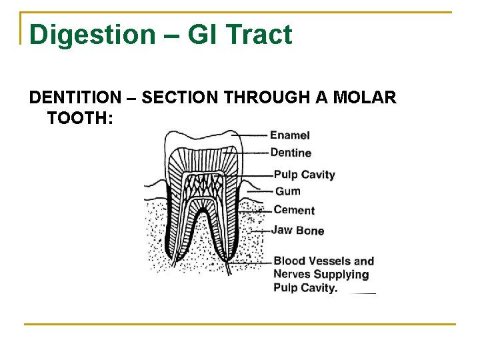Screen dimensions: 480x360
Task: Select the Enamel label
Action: click(x=290, y=135)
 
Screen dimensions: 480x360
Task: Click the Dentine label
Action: click(x=291, y=153)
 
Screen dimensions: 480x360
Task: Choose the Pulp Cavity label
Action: click(x=304, y=175)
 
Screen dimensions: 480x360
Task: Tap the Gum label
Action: click(x=287, y=191)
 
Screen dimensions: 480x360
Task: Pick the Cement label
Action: click(x=294, y=210)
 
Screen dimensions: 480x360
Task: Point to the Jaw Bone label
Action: click(x=297, y=231)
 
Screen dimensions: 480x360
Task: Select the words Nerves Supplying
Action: click(x=321, y=274)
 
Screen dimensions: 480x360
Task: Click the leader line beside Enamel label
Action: click(x=250, y=135)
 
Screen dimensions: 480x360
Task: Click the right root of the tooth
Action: click(x=228, y=230)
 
